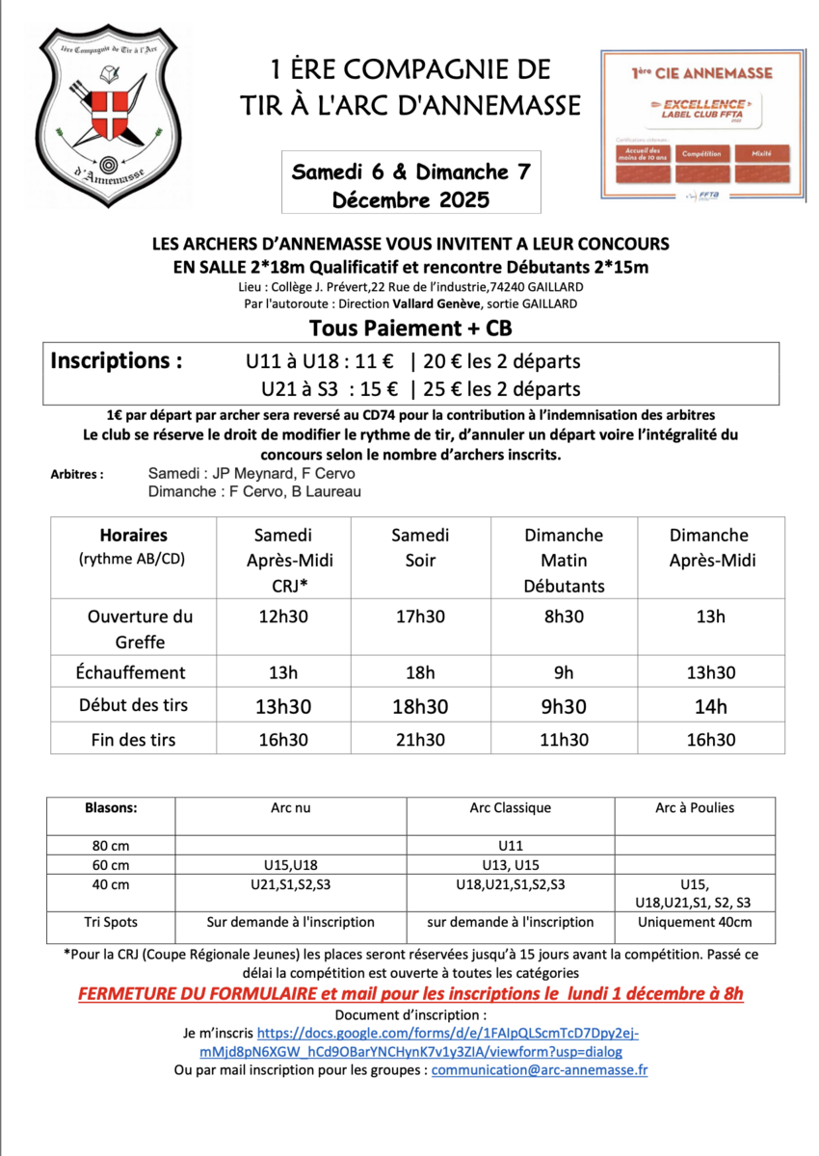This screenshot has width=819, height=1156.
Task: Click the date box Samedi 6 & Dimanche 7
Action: pyautogui.click(x=411, y=183)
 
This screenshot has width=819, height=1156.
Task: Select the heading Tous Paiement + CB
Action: pyautogui.click(x=410, y=328)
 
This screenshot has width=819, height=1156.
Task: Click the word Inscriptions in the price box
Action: pyautogui.click(x=116, y=361)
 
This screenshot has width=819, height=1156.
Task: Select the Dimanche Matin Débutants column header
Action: pyautogui.click(x=564, y=560)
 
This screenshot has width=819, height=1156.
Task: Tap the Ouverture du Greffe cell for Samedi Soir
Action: pyautogui.click(x=420, y=617)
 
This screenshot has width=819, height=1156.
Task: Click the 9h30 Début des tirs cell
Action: pyautogui.click(x=564, y=706)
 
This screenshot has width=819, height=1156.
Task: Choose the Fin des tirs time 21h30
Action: pyautogui.click(x=420, y=740)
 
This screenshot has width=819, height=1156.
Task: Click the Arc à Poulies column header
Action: pyautogui.click(x=694, y=807)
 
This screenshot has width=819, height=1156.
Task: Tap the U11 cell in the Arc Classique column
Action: pyautogui.click(x=510, y=845)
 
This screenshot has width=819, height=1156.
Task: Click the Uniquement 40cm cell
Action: pyautogui.click(x=694, y=922)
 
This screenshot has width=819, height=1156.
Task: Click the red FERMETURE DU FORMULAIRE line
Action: pyautogui.click(x=410, y=993)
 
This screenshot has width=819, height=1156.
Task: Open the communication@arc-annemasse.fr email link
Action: pyautogui.click(x=539, y=1069)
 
